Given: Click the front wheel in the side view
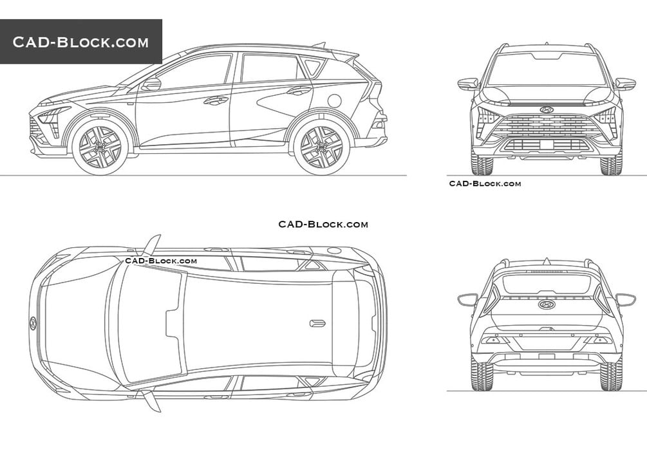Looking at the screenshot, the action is click(x=99, y=147).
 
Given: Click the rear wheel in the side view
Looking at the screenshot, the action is click(x=321, y=147).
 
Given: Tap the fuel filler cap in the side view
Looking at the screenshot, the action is click(x=334, y=100).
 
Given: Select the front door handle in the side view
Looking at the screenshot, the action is click(x=216, y=100).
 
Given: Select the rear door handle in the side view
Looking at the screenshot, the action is click(x=299, y=90).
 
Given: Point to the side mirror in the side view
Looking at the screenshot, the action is click(x=151, y=84).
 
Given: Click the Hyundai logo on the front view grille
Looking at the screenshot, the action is click(x=547, y=109).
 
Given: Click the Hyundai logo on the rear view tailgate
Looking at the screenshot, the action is click(x=547, y=304).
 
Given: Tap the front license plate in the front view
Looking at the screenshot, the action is click(x=547, y=144).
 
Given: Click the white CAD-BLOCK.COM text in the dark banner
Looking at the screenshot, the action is click(x=80, y=42).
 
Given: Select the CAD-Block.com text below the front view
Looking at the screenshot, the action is click(x=485, y=183).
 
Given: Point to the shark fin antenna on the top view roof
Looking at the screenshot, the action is click(x=317, y=323).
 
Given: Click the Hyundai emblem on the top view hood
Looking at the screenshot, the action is click(x=33, y=324).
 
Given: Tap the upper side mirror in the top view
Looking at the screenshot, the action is click(x=152, y=245).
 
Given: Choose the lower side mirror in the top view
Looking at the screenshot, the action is click(x=152, y=401).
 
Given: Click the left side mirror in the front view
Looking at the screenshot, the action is click(x=468, y=84).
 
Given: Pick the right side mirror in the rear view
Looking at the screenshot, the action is click(x=626, y=299).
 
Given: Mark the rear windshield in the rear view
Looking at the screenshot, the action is click(x=547, y=284).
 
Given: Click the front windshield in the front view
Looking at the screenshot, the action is click(x=547, y=70).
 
